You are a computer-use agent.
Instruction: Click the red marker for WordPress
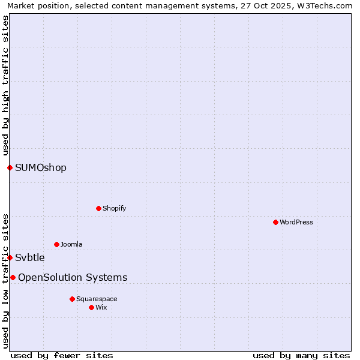point(275,222)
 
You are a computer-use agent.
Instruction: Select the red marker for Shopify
point(98,208)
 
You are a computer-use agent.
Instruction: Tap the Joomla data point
point(56,244)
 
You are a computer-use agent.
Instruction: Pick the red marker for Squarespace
point(72,299)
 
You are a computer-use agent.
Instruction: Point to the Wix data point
point(91,307)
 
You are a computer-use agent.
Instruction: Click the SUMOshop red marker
point(10,167)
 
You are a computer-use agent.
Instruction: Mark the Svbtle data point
point(10,257)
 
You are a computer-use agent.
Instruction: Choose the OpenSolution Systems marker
point(13,277)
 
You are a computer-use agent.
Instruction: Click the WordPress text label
point(296,222)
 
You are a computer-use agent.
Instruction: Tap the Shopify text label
point(115,208)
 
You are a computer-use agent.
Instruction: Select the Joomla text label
point(71,244)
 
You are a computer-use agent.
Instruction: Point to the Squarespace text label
point(97,299)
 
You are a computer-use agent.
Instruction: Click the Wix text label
point(101,307)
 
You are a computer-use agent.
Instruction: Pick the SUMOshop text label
point(41,167)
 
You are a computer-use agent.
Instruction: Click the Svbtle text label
point(30,257)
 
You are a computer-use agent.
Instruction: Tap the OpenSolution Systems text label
point(73,277)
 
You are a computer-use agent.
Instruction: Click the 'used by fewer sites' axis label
point(62,355)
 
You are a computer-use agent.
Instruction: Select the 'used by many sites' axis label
point(301,355)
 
